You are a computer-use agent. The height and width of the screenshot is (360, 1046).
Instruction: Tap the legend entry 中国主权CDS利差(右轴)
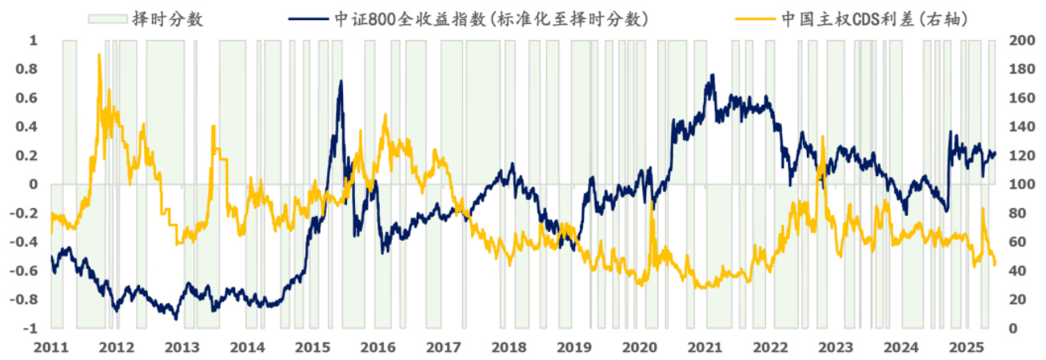(x=876, y=18)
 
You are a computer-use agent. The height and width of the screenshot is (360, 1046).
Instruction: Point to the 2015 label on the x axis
(x=313, y=347)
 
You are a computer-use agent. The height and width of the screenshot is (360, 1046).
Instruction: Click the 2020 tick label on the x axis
(x=639, y=347)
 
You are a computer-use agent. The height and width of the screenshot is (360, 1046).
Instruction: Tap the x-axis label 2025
(x=965, y=347)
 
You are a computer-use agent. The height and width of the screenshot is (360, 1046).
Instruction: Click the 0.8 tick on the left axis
(x=28, y=69)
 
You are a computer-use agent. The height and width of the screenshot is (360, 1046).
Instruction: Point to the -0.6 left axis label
(x=26, y=271)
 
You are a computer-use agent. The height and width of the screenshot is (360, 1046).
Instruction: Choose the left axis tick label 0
(x=34, y=184)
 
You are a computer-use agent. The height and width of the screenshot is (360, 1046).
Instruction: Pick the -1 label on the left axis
(x=30, y=329)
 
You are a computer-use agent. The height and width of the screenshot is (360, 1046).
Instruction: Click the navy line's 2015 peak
(x=341, y=81)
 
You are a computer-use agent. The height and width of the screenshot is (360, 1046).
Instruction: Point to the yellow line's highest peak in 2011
(x=99, y=54)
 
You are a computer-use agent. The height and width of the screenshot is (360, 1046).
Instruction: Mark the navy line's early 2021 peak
(x=712, y=75)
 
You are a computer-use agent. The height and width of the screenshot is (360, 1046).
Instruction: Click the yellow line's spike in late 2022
(x=823, y=137)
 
